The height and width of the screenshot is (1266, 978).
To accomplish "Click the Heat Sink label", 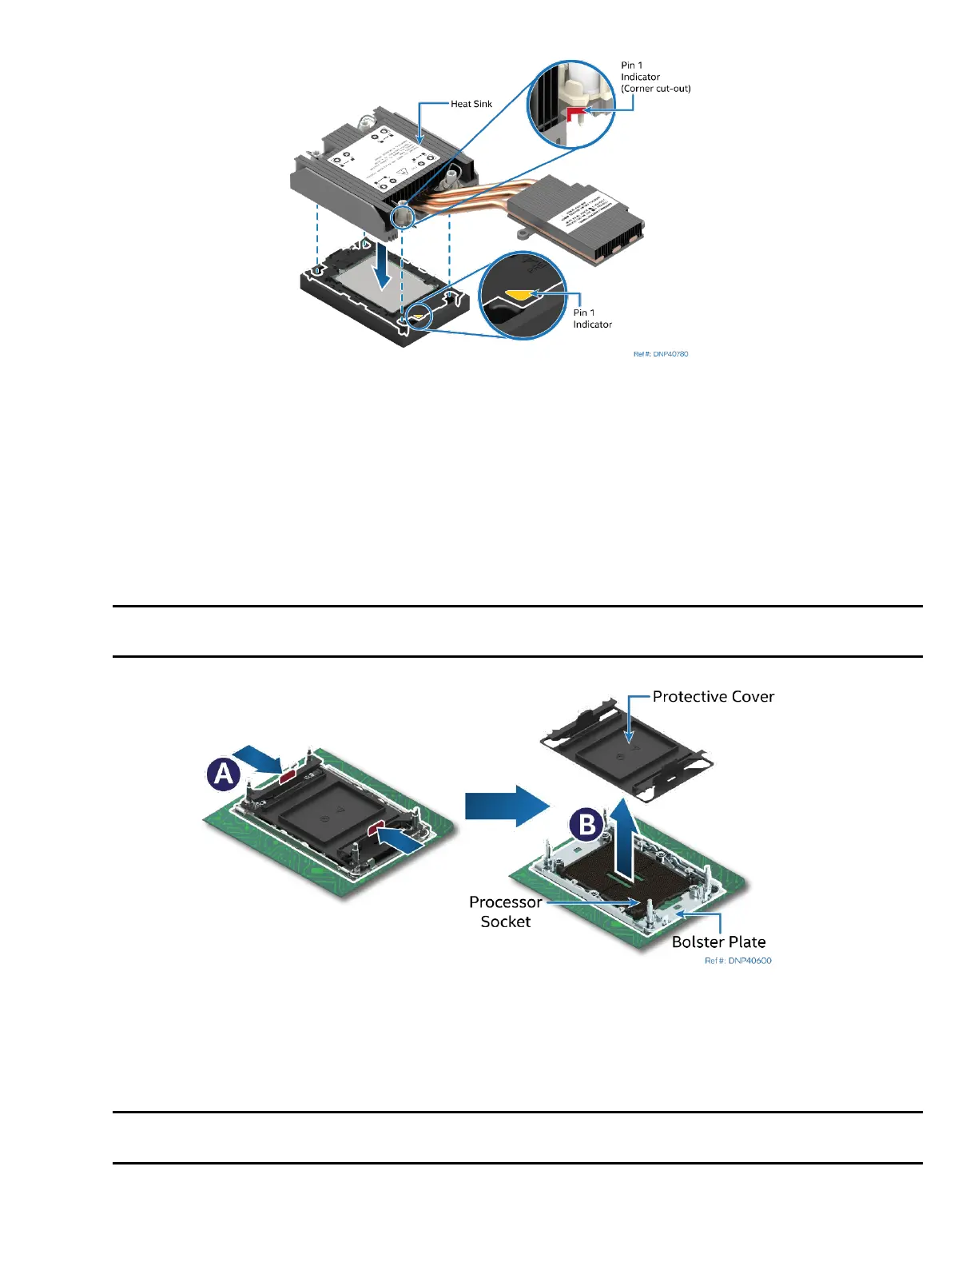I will pos(471,104).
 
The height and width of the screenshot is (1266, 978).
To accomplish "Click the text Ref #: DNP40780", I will pos(661,354).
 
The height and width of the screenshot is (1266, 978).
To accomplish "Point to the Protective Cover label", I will pos(713,697).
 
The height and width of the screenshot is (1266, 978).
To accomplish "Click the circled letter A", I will pos(224,774).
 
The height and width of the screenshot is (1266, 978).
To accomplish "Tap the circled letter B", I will pos(587,824).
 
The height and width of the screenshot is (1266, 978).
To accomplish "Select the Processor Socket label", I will pos(505,912).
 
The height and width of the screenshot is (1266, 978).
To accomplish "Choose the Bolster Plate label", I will pos(718,942).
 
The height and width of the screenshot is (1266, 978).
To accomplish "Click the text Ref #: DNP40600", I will pos(738,961).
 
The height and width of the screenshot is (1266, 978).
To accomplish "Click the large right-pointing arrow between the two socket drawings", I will pos(507,806).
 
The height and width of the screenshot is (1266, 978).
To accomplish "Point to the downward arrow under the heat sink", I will pos(384,269).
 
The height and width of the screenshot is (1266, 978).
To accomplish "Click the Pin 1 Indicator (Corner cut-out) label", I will pos(655,78).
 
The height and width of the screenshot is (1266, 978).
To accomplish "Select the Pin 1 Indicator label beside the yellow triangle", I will pos(592,319).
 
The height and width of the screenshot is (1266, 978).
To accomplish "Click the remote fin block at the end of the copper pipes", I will pos(577,217).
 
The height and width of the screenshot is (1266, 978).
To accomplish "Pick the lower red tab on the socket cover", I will pos(376,831).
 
